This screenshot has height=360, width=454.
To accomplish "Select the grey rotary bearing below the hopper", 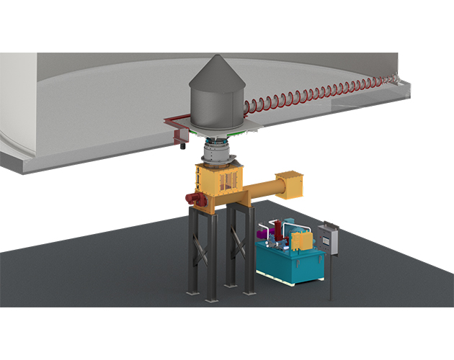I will [215, 152].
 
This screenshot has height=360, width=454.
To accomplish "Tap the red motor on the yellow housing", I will [193, 198].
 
